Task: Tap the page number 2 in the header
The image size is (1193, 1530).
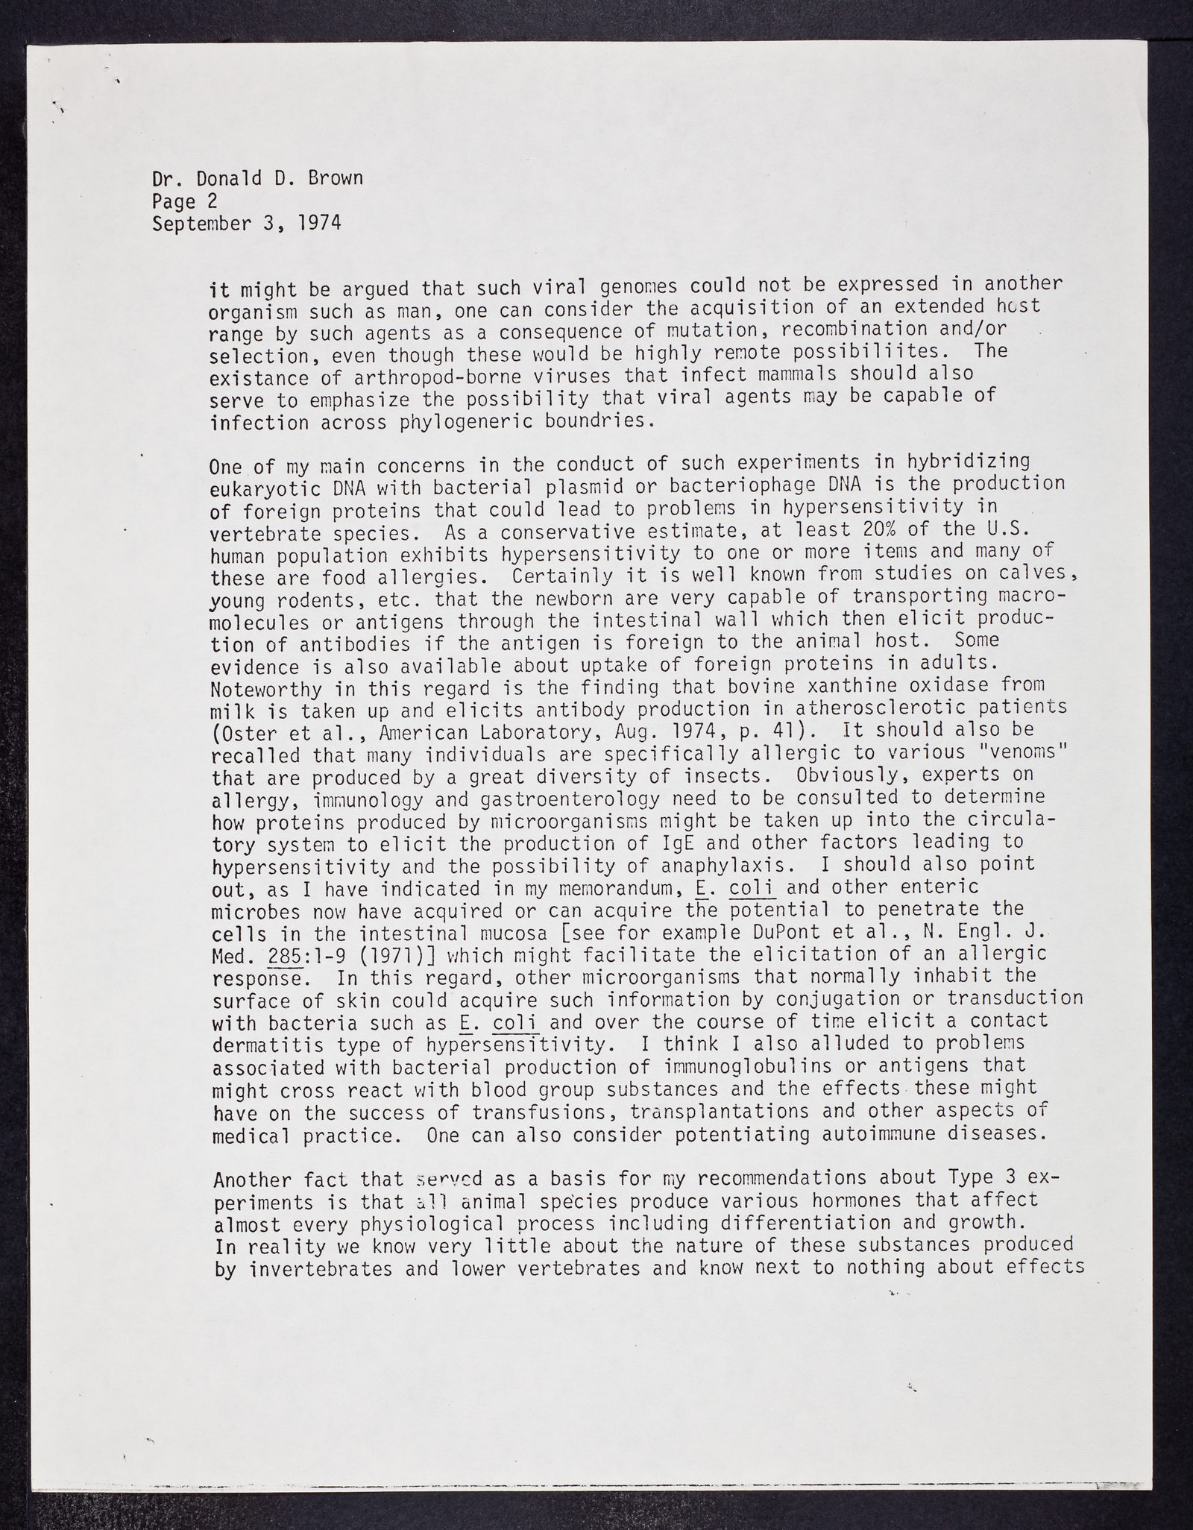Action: click(x=213, y=201)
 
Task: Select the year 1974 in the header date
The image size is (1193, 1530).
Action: click(x=318, y=223)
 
